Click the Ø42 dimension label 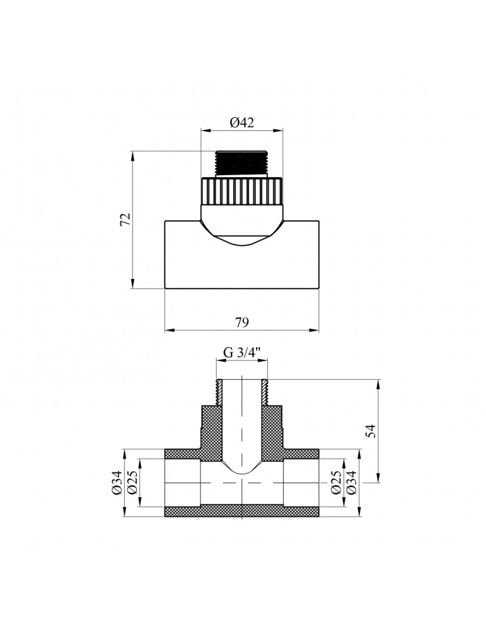pyautogui.click(x=242, y=122)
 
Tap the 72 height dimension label pyautogui.click(x=125, y=219)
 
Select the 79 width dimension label pyautogui.click(x=242, y=322)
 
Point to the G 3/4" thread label pyautogui.click(x=242, y=352)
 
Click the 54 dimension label pyautogui.click(x=371, y=431)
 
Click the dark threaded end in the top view pyautogui.click(x=241, y=163)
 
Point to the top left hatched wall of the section pyautogui.click(x=183, y=454)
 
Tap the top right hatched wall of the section pyautogui.click(x=301, y=454)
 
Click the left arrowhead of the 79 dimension pyautogui.click(x=169, y=331)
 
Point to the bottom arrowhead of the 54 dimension pyautogui.click(x=378, y=478)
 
